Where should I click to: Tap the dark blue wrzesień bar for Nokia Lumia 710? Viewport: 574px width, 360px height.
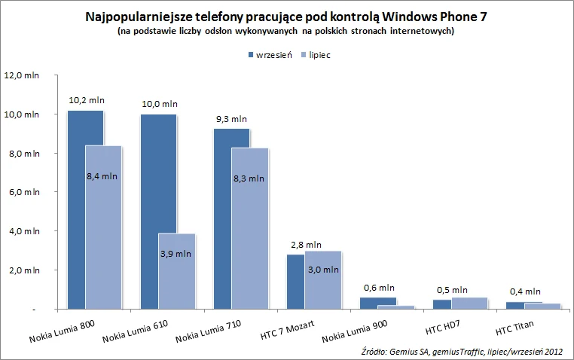pos(222,218)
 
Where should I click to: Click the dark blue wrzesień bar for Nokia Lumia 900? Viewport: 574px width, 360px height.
pos(377,301)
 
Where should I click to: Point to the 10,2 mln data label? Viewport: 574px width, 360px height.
pos(87,99)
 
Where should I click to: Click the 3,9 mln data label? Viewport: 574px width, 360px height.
pos(176,254)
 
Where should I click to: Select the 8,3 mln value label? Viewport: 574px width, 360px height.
pos(249,178)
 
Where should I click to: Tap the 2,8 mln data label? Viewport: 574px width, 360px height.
pos(306,245)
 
